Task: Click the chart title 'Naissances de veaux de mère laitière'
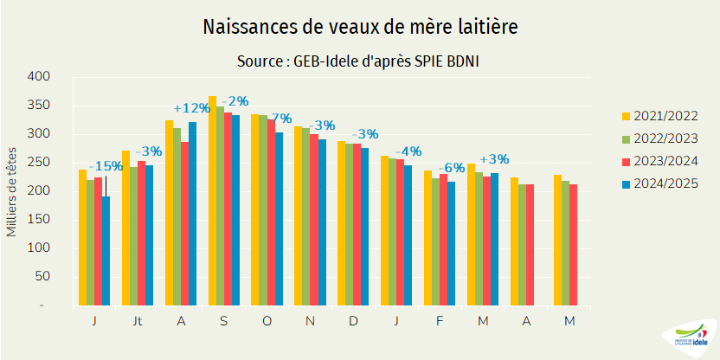[x=360, y=28]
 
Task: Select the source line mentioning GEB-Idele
[x=359, y=62]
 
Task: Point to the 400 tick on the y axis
[x=39, y=77]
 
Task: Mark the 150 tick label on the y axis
[x=39, y=220]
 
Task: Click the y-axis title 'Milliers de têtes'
[x=11, y=191]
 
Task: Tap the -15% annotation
[x=106, y=166]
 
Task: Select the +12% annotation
[x=191, y=108]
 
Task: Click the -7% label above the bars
[x=279, y=118]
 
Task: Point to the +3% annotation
[x=494, y=159]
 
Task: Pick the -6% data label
[x=451, y=168]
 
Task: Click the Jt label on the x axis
[x=137, y=321]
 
